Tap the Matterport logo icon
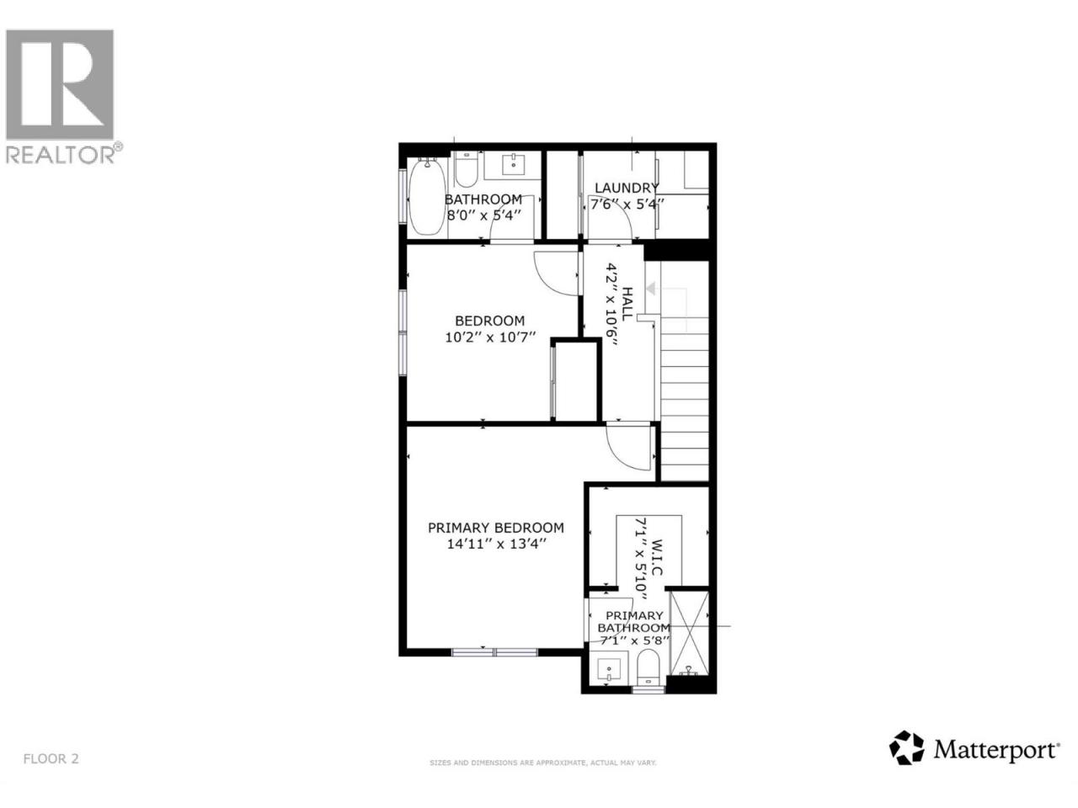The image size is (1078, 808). tap(906, 761)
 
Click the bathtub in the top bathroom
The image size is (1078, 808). tap(427, 197)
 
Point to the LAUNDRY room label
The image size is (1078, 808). tap(627, 188)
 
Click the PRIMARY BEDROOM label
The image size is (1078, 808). tap(495, 528)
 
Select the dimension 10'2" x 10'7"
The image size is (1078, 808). tap(489, 338)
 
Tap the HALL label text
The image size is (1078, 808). tap(627, 304)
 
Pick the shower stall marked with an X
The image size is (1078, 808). tap(690, 634)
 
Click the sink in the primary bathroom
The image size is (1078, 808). tap(609, 669)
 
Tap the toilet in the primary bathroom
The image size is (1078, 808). tap(648, 667)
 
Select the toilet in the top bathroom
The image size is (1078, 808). tap(466, 169)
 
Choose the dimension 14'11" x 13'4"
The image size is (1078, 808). tap(497, 544)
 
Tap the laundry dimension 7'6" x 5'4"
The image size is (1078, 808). tap(627, 204)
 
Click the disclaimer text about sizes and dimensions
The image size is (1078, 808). tap(542, 777)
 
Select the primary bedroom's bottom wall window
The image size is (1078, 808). tap(494, 652)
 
